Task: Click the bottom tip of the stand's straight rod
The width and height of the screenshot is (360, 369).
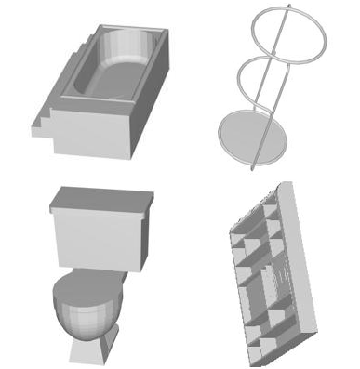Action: [x=252, y=169]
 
